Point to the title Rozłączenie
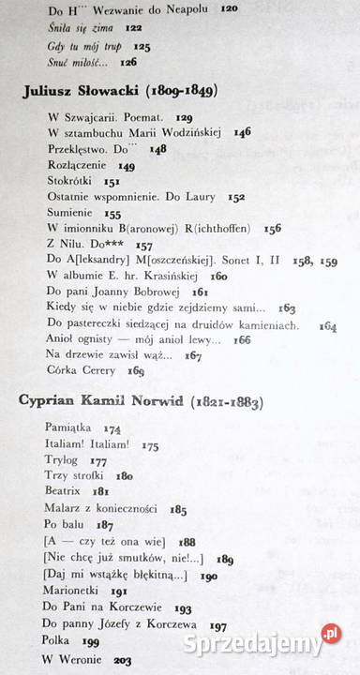tap(76, 164)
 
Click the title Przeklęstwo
tap(80, 148)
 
